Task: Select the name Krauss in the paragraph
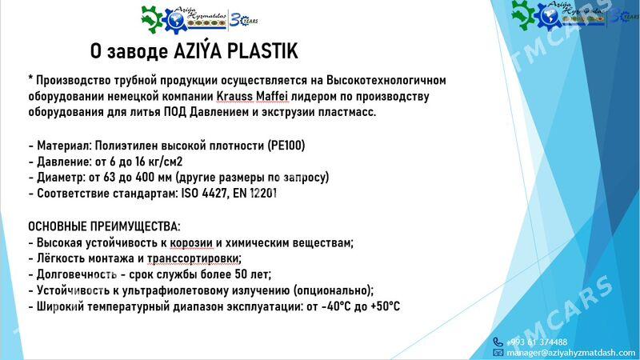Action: (x=234, y=96)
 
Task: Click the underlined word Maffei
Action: (x=272, y=96)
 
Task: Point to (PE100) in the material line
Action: (x=286, y=146)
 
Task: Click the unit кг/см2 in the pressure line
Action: (x=166, y=162)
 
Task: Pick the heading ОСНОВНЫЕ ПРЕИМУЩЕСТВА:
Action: (x=104, y=226)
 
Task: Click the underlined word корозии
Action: (x=191, y=243)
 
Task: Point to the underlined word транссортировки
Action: (x=194, y=258)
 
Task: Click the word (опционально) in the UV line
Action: (x=333, y=290)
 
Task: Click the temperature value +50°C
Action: (x=385, y=306)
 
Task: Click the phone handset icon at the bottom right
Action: (x=498, y=342)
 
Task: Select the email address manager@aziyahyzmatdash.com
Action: (x=570, y=353)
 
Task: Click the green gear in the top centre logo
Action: (x=151, y=19)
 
